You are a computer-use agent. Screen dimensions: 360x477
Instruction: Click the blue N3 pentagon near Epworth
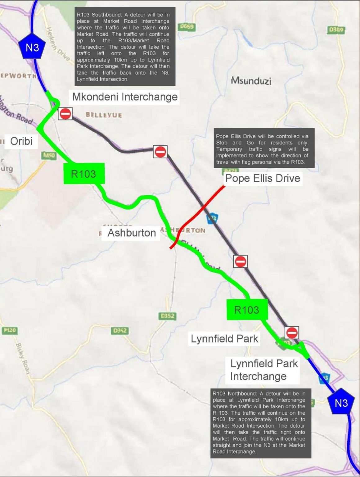click(x=32, y=47)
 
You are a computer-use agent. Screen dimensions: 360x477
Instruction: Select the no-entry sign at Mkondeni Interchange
click(x=65, y=114)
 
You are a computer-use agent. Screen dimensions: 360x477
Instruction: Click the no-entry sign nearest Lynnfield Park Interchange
click(x=292, y=333)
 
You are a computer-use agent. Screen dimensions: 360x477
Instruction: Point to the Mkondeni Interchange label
click(x=125, y=97)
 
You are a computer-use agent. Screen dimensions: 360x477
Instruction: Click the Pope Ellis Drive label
click(x=263, y=178)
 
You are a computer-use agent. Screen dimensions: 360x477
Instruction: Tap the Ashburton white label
click(x=132, y=233)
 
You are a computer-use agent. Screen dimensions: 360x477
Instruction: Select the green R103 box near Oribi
click(x=84, y=174)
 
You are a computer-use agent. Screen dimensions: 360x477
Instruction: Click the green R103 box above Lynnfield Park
click(x=247, y=310)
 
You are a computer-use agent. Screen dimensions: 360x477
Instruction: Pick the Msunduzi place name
click(x=251, y=81)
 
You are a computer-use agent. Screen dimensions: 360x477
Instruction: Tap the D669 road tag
click(x=187, y=27)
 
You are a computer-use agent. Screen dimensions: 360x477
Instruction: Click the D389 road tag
click(x=336, y=30)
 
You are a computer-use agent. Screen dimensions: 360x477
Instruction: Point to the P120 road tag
click(x=9, y=330)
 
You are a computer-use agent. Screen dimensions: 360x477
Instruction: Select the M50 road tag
click(x=49, y=155)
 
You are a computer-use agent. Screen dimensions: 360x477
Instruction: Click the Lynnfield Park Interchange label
click(x=264, y=370)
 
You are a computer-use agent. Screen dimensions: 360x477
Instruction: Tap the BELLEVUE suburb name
click(x=104, y=115)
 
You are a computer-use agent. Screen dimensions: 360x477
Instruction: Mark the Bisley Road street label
click(x=23, y=358)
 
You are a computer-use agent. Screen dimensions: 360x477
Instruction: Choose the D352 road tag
click(x=167, y=316)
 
